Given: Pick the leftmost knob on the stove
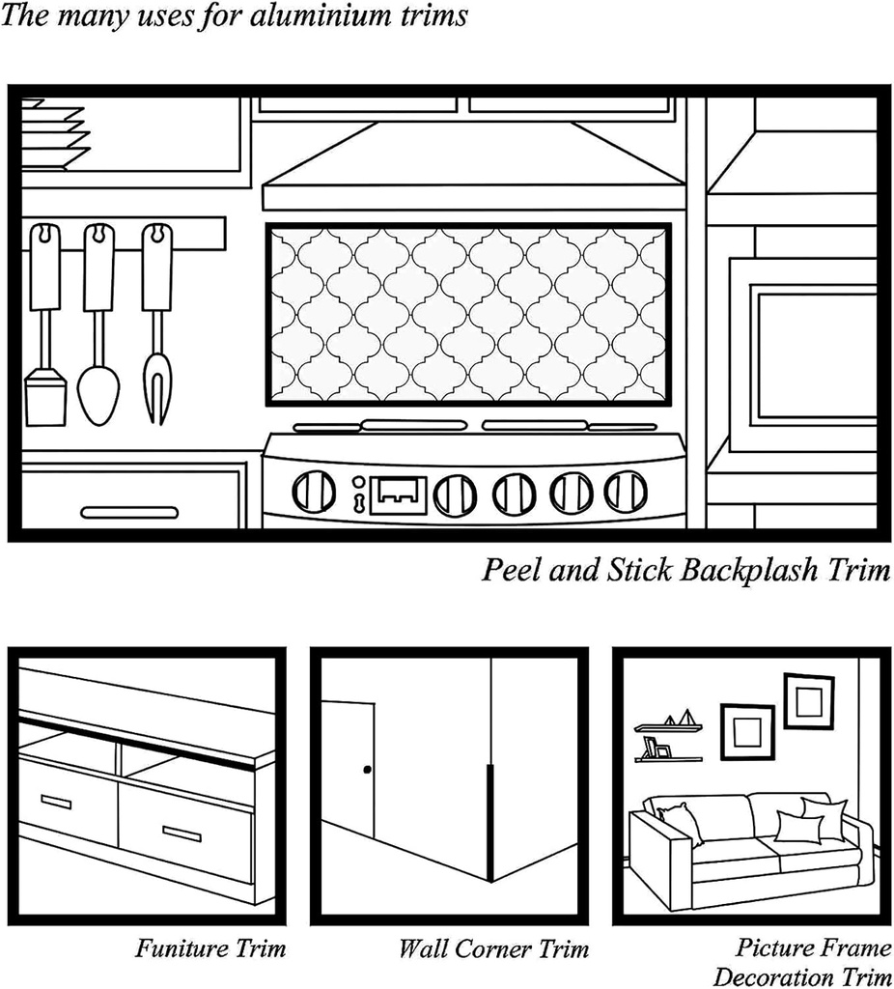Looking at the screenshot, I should (314, 492).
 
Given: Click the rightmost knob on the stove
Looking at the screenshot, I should (626, 492).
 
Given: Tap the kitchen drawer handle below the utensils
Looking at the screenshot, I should (129, 512).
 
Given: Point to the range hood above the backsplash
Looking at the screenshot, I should (473, 169).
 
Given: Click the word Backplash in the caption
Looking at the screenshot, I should (753, 571).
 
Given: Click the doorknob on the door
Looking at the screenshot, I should (367, 770).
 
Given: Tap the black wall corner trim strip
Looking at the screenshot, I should (489, 821).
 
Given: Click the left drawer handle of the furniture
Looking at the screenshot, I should (56, 801).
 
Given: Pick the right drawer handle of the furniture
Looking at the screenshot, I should (182, 834).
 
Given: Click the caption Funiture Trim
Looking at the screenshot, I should (210, 948).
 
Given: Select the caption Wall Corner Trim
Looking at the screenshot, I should (493, 948).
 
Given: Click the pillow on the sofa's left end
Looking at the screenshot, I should (682, 822).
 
